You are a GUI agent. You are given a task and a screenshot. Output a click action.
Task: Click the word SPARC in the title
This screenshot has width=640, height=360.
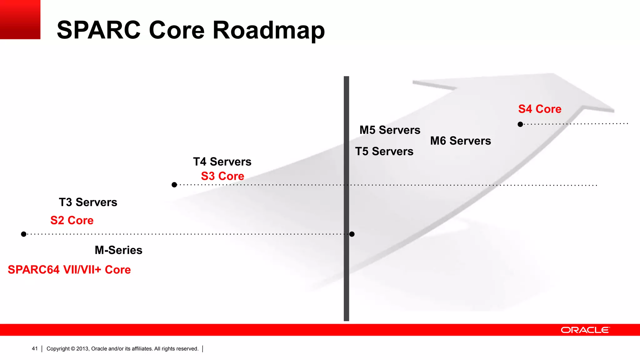pos(98,30)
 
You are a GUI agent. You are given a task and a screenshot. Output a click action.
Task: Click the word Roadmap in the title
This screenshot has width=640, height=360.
pos(269,30)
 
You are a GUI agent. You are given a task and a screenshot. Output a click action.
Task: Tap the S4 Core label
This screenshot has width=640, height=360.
pos(540,109)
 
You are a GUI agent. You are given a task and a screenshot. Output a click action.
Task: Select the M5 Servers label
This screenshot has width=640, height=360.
pos(390,130)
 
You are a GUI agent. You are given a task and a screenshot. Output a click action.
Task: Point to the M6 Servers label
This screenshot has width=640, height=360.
pos(460,141)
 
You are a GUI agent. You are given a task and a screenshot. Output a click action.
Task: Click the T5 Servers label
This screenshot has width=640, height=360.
pos(384,152)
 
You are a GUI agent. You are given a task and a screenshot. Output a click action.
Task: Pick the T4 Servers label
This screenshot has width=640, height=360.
pos(222,162)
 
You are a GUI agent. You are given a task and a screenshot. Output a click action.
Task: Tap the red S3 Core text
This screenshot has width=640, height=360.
pos(222,176)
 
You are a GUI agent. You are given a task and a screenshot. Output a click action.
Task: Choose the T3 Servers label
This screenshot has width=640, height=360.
pos(88,202)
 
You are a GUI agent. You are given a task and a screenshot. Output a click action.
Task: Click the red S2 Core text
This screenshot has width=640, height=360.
pos(72,221)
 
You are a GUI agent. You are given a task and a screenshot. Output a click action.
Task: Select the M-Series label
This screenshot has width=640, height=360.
pos(118,250)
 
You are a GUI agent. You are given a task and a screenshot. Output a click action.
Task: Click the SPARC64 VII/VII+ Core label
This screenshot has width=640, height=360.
pos(69,270)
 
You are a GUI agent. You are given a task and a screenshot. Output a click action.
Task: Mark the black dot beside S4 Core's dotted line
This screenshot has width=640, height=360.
pos(520,124)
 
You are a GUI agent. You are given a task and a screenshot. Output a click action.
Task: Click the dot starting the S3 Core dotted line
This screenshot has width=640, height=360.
pos(174,185)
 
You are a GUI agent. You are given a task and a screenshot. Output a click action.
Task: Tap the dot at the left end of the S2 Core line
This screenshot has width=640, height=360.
pos(24,234)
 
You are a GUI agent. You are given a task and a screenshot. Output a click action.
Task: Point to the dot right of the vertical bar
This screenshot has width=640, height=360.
pos(352,234)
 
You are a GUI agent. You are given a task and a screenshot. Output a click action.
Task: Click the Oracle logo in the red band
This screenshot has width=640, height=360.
pos(585,330)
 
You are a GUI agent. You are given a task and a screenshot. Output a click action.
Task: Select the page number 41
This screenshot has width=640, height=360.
pos(35,349)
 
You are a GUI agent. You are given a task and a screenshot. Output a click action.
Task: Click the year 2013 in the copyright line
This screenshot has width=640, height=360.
pos(82,349)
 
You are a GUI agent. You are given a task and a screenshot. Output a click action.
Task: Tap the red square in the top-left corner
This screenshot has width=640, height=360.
pos(20,19)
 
